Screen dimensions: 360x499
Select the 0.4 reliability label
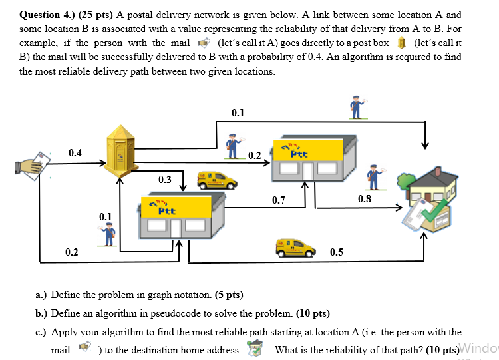(75, 154)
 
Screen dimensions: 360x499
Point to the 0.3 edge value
(164, 179)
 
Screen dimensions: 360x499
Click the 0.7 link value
(279, 200)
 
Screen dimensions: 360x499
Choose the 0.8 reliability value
(364, 198)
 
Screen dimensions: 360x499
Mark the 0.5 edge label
(337, 252)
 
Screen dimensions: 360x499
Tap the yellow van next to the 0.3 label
(216, 179)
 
